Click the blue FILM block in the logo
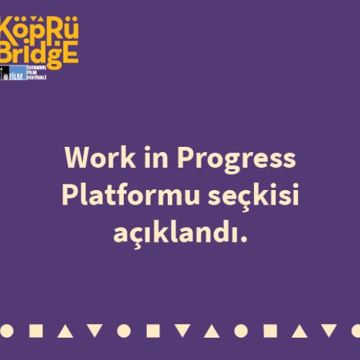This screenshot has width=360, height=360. (x=24, y=73)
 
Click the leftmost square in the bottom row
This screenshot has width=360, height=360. (x=36, y=331)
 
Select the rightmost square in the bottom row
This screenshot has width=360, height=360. (x=270, y=331)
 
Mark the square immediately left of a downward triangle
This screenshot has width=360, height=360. (x=153, y=331)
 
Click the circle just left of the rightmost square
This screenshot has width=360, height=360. (x=240, y=331)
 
